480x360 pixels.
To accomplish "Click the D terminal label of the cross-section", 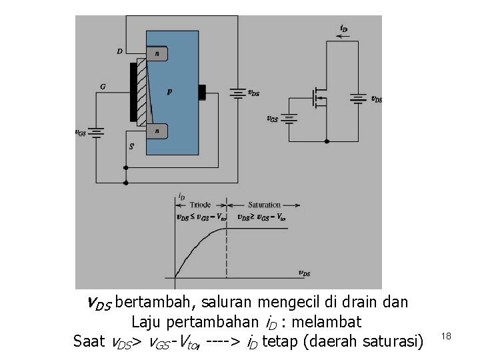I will [119, 51].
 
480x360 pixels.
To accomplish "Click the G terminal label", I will [103, 87].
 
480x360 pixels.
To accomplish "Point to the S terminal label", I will [131, 145].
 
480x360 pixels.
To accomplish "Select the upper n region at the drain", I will [157, 53].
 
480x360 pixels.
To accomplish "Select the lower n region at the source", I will [157, 131].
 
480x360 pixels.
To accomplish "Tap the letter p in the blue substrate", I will [169, 92].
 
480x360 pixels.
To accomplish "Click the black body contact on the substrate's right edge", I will [203, 92].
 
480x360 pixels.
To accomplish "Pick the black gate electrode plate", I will [133, 92].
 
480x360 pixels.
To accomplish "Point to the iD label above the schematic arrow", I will [343, 29].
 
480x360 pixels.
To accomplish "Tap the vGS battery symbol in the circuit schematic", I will [289, 118].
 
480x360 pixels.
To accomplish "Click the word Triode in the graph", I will [200, 205].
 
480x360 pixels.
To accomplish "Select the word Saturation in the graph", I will [264, 205].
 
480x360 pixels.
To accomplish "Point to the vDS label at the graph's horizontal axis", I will [303, 273].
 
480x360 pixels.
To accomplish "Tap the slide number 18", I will [446, 337].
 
